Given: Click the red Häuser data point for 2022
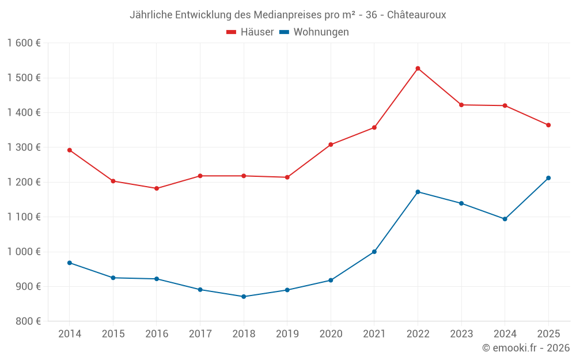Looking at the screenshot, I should point(418,69).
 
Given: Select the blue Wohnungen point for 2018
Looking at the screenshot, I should point(244,297).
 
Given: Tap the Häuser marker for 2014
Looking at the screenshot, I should point(70,150).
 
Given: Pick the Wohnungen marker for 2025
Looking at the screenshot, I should point(548,178).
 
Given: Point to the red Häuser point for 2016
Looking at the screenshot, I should point(157,188).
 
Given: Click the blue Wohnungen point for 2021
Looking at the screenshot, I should point(374,252).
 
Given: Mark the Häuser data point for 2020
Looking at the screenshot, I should point(331,145).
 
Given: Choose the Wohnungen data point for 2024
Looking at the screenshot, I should point(505,219).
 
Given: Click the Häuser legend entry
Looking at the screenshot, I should point(250,32).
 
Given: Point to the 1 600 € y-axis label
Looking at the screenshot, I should point(24,43).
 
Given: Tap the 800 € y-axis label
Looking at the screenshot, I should point(26,321).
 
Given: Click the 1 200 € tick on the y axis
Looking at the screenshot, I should point(24,182).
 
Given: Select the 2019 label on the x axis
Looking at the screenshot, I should point(287,334).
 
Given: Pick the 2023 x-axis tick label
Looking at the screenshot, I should point(461,334).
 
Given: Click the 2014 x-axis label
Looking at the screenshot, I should point(70,334).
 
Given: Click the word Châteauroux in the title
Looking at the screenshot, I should point(416,14).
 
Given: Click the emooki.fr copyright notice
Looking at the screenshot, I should point(526,348).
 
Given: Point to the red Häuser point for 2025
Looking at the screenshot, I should point(548,125).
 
